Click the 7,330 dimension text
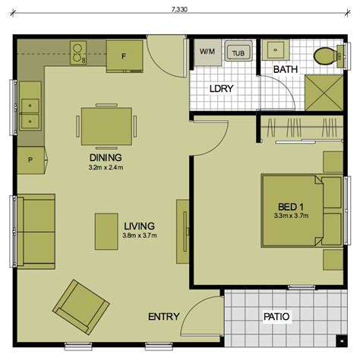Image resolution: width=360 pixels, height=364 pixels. pos(179,10)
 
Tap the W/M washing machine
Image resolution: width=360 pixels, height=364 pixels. pos(207,52)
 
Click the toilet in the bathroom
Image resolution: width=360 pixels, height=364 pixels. pos(328,56)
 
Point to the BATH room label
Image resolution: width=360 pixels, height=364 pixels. pos(286,69)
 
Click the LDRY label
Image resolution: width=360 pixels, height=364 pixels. pos(222,89)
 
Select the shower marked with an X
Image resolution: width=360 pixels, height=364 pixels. pos(324,93)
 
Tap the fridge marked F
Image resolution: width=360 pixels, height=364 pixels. pos(125,56)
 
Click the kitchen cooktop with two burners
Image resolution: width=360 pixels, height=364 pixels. pos(78,52)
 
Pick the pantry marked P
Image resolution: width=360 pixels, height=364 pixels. pos(31,160)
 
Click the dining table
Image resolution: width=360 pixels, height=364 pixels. pos(106,126)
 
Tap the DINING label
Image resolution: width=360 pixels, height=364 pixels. pos(106,157)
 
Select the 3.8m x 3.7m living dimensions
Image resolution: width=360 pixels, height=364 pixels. pos(140,236)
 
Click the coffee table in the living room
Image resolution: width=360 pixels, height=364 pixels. pos(106,232)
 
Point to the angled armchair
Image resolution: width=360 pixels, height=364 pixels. pos(81,307)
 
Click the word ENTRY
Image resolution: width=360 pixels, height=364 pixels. pos(164,317)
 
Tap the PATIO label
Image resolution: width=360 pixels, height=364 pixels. pos(276,317)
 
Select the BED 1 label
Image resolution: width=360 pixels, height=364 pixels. pos(291,207)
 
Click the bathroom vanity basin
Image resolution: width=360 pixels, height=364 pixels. pos(276,50)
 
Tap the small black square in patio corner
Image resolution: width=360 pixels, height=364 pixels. pos(342,341)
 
